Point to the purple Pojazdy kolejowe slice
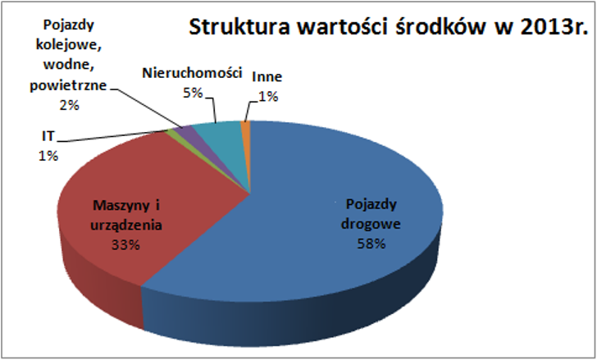click(186, 131)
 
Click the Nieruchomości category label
click(193, 74)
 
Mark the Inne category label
click(267, 78)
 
